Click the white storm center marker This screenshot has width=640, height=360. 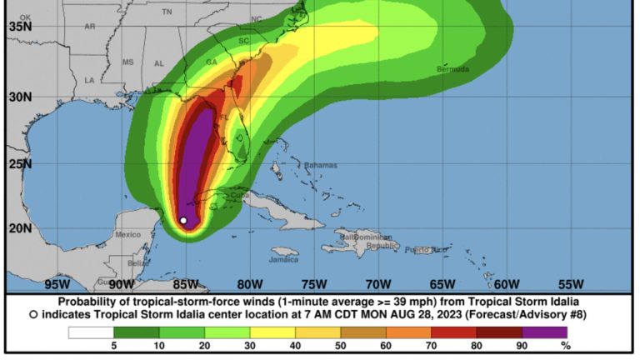pyautogui.click(x=183, y=221)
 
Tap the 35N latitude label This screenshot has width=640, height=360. pyautogui.click(x=20, y=26)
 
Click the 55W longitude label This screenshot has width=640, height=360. pyautogui.click(x=570, y=283)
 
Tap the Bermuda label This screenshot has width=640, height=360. pyautogui.click(x=454, y=68)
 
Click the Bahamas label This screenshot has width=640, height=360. pyautogui.click(x=321, y=165)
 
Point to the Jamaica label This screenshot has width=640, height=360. pyautogui.click(x=284, y=259)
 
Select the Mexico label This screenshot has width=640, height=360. pyautogui.click(x=128, y=235)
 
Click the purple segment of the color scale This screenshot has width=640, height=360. pyautogui.click(x=544, y=332)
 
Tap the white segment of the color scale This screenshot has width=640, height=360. pyautogui.click(x=91, y=332)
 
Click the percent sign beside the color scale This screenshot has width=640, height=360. pyautogui.click(x=565, y=346)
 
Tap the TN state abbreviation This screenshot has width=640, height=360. pyautogui.click(x=167, y=12)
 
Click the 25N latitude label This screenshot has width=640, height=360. pyautogui.click(x=20, y=163)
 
